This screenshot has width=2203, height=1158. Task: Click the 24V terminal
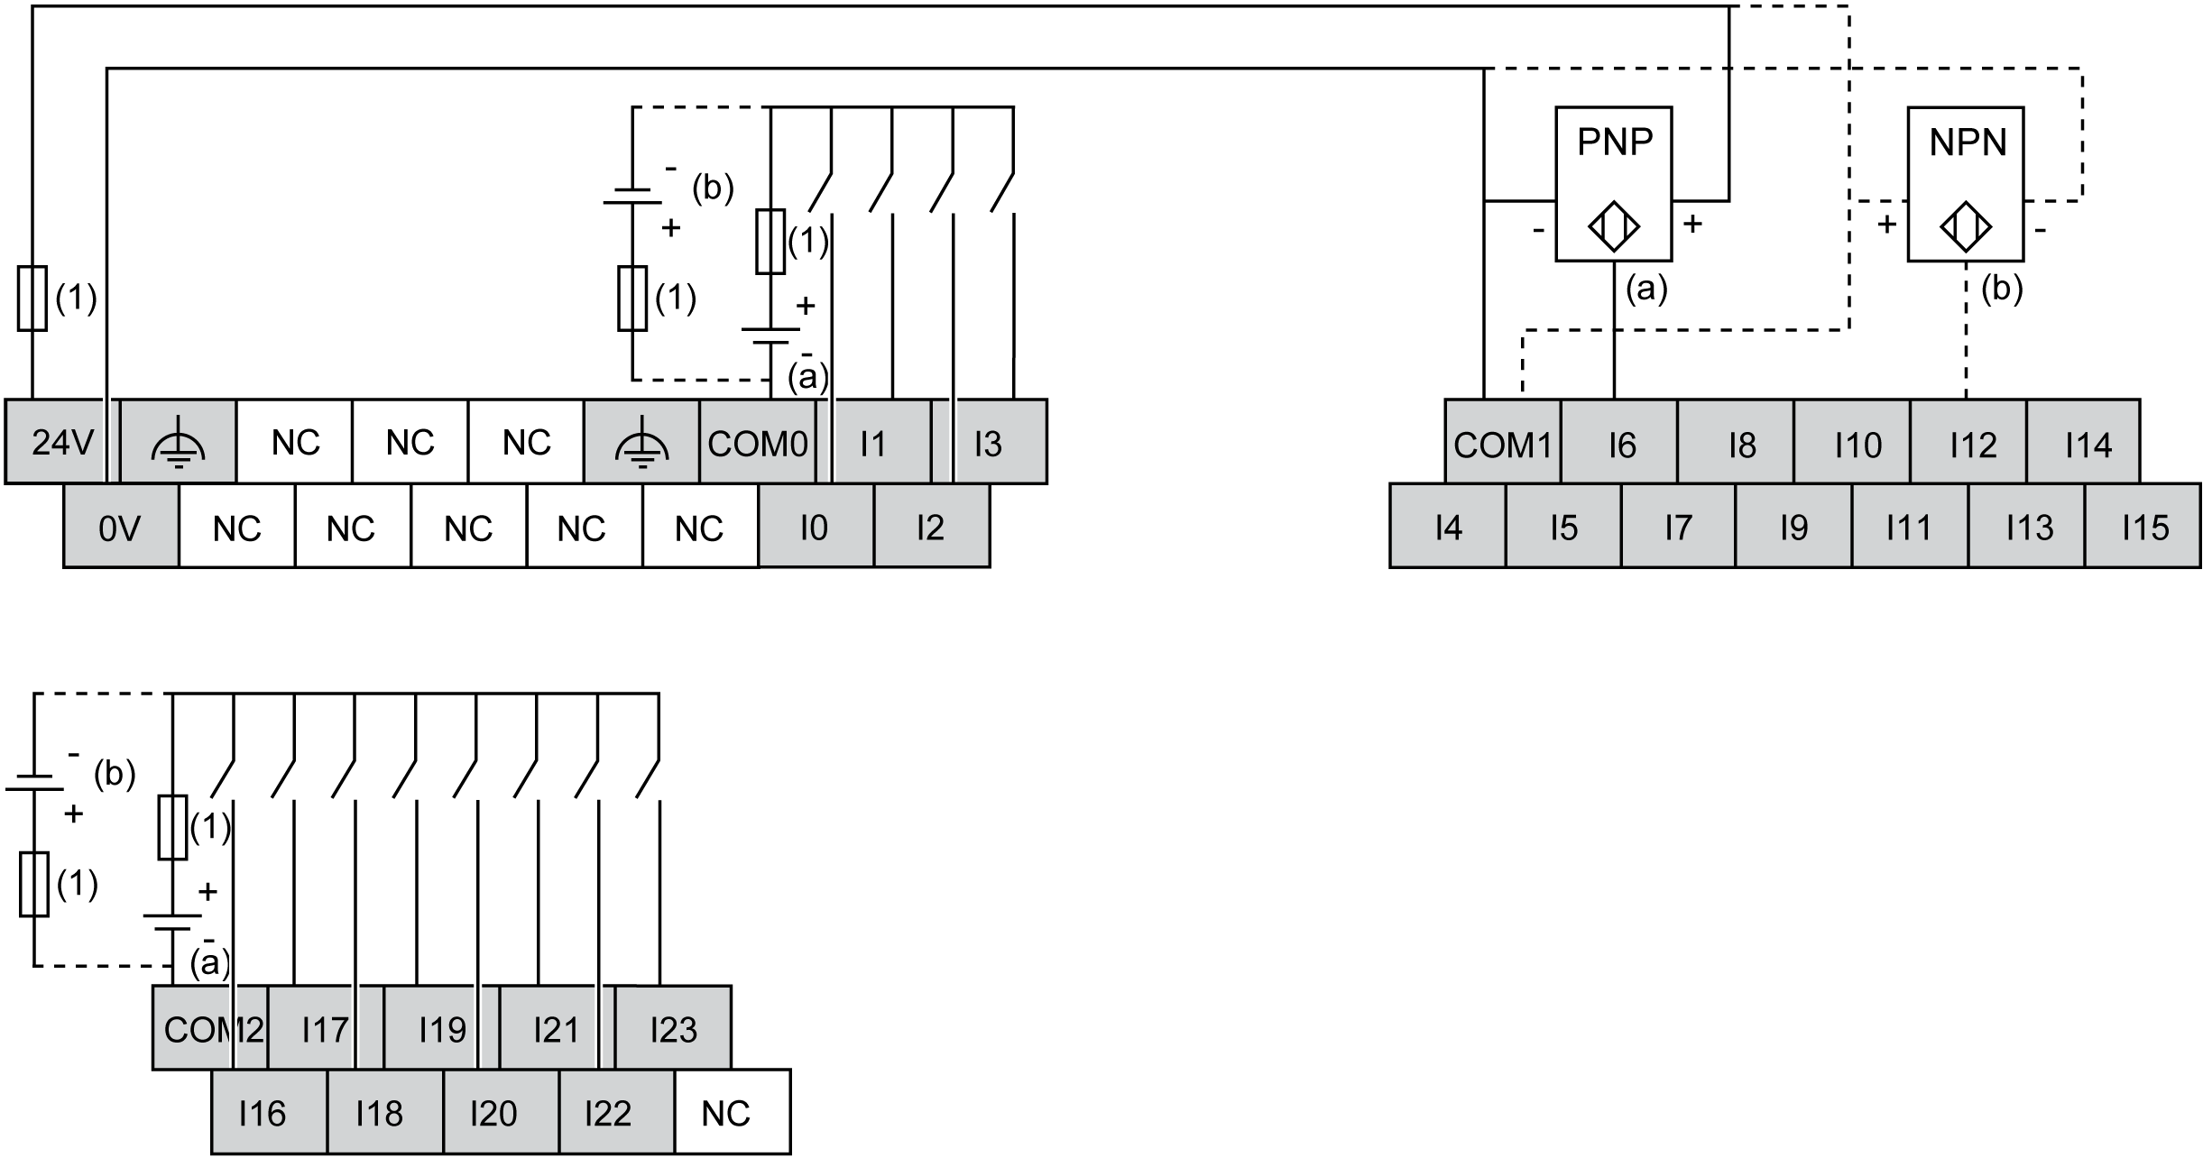pyautogui.click(x=62, y=442)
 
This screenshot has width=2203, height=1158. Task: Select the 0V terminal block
pyautogui.click(x=121, y=528)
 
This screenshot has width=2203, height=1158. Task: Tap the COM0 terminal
pyautogui.click(x=757, y=442)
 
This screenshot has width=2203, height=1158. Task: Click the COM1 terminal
pyautogui.click(x=1502, y=443)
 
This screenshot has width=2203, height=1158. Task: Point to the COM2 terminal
pyautogui.click(x=209, y=1028)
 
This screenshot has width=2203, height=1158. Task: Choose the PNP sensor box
pyautogui.click(x=1613, y=184)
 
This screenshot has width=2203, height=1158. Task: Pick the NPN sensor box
pyautogui.click(x=1965, y=184)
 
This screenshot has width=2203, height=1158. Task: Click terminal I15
pyautogui.click(x=2143, y=527)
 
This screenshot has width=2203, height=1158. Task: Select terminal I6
pyautogui.click(x=1619, y=443)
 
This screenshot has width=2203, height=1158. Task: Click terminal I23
pyautogui.click(x=673, y=1028)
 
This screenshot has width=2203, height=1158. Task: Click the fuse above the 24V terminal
pyautogui.click(x=32, y=299)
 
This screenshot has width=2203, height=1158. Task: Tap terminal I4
pyautogui.click(x=1447, y=527)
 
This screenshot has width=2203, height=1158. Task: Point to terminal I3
pyautogui.click(x=989, y=442)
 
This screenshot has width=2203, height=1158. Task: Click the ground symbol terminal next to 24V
pyautogui.click(x=178, y=442)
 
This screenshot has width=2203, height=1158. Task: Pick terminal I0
pyautogui.click(x=815, y=527)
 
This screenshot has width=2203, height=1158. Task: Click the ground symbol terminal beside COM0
pyautogui.click(x=641, y=442)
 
